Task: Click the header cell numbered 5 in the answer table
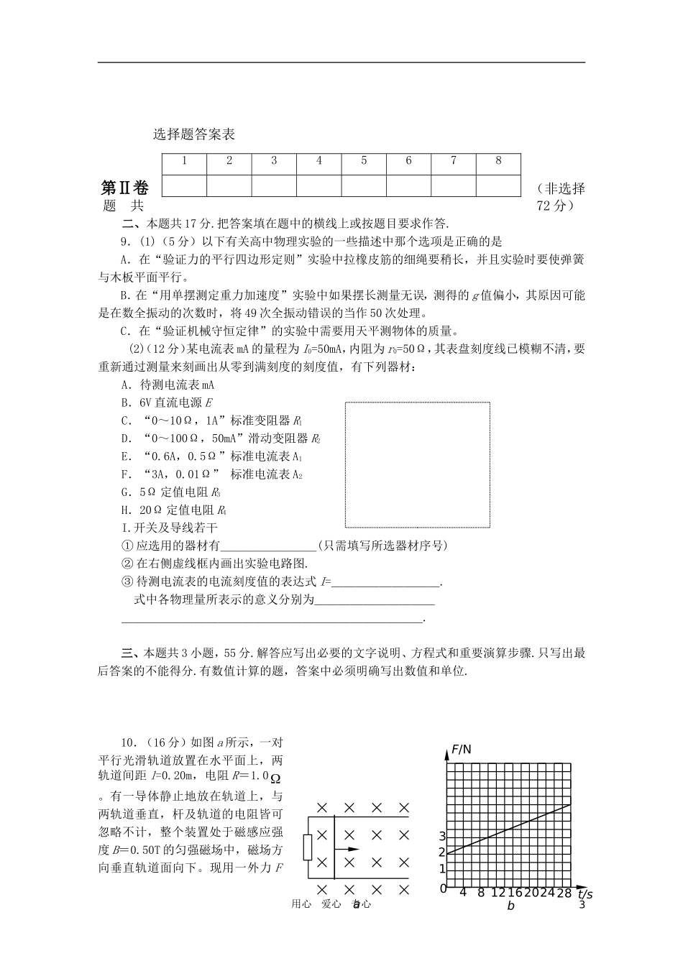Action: tap(364, 161)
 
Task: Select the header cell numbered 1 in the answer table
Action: tap(185, 161)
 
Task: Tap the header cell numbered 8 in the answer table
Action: tap(498, 161)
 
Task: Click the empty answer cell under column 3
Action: tap(274, 185)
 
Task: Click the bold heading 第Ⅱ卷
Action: tap(124, 188)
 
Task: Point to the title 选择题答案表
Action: tap(194, 134)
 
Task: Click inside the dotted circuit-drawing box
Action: tap(418, 464)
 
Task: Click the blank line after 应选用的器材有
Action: tap(268, 546)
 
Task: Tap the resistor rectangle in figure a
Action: tap(308, 847)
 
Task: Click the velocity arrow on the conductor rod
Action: tap(348, 850)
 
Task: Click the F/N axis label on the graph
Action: tap(462, 750)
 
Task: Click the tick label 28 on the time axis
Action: tap(564, 893)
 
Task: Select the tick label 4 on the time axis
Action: tap(463, 893)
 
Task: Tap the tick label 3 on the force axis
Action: tap(442, 836)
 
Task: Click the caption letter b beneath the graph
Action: tap(510, 906)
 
